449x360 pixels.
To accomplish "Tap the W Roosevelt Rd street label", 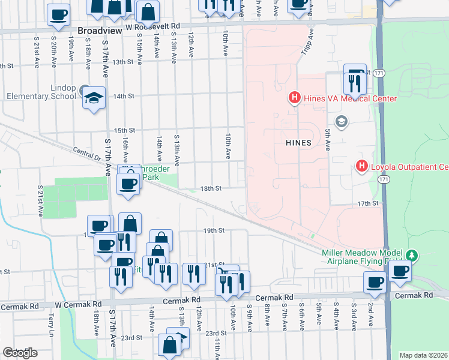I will coord(152,28).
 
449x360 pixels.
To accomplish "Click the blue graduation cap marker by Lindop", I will coord(93,97).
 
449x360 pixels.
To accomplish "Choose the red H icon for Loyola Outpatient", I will coord(362,166).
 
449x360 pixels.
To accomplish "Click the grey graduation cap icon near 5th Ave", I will coord(342,122).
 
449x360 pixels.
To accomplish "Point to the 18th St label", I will coord(211,188).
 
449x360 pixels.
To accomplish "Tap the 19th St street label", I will coord(213,230).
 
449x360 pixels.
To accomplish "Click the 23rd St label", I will coord(215,332).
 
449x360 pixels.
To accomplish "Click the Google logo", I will coord(20,352).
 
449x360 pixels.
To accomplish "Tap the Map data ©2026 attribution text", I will coord(423,355).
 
